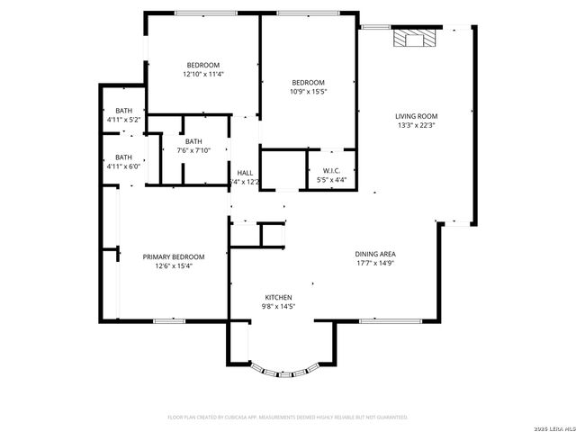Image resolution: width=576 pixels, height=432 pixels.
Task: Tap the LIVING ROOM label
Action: pos(417,116)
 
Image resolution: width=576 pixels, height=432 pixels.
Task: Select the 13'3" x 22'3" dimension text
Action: pos(417,125)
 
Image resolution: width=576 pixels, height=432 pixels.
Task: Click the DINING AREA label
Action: pos(375,255)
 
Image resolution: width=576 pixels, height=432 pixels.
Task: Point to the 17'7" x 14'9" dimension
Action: pos(375,265)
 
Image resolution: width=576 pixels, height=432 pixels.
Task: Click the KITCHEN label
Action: pos(278,297)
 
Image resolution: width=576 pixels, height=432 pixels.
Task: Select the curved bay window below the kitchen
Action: pos(283,369)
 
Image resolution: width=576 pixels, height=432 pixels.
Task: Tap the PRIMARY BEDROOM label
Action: pos(174,256)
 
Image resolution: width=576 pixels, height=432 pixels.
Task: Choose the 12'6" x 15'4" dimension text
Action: pos(174,265)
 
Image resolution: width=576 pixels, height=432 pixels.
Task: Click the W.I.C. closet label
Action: pos(332,170)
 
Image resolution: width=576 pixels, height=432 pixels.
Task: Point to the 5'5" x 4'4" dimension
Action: pos(332,179)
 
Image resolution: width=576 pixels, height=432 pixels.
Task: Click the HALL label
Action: pos(245,173)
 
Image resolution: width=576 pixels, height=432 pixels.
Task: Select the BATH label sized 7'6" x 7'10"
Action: pos(193,141)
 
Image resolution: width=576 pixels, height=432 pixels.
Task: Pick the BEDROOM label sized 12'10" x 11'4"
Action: pos(203,65)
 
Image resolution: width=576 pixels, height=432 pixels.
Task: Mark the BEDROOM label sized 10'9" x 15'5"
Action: pos(307,83)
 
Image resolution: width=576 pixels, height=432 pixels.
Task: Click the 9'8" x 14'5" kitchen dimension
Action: pos(278,307)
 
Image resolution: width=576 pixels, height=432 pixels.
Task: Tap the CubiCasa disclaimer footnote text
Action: pos(288,418)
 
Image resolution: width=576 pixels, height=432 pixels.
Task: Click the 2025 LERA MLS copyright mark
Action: pos(550,427)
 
